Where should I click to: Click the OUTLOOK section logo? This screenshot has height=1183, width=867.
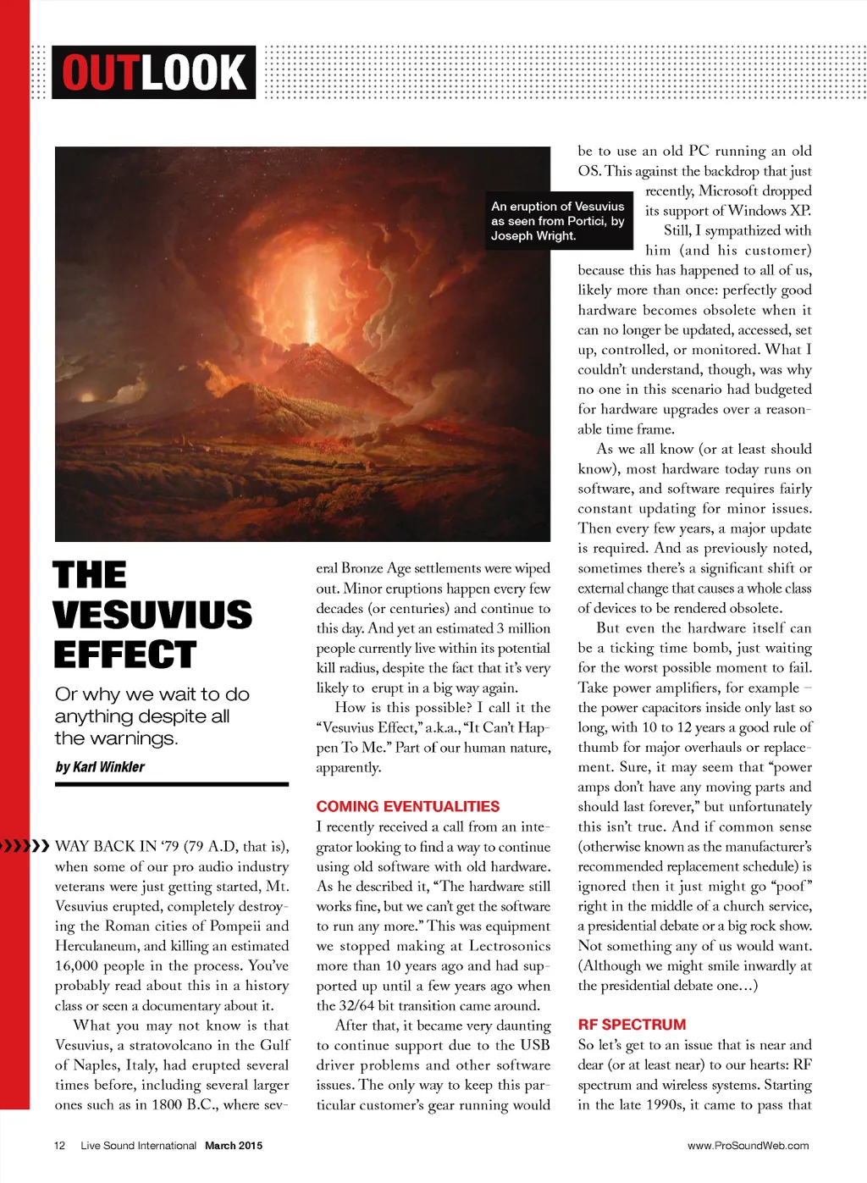coord(153,72)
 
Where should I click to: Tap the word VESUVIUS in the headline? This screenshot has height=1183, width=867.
coord(152,615)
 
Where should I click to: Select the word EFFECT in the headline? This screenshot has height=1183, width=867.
coord(124,655)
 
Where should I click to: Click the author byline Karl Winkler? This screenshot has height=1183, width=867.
coord(100,767)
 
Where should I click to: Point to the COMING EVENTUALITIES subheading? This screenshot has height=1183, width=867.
coord(407,806)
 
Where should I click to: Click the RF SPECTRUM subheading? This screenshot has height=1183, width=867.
coord(632,1025)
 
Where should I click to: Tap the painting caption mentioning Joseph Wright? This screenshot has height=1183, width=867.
coord(558,221)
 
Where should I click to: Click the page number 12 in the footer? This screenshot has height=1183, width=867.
coord(59,1146)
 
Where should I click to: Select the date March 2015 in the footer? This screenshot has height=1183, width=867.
coord(234,1146)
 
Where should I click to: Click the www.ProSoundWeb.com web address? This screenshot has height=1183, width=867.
coord(748,1146)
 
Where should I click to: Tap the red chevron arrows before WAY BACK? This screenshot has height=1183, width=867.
coord(25,845)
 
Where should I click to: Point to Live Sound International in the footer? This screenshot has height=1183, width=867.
coord(138,1146)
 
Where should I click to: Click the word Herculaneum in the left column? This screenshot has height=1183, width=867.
coord(97,946)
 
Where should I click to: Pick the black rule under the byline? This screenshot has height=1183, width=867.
coord(172,785)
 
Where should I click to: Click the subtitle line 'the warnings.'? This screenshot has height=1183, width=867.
coord(116,738)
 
